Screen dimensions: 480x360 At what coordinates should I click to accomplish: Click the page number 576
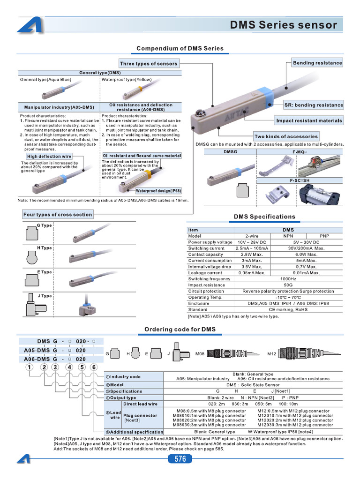coord(180,458)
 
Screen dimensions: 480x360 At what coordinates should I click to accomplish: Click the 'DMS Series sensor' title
coord(284,25)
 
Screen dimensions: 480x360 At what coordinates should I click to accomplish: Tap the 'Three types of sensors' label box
coord(149,63)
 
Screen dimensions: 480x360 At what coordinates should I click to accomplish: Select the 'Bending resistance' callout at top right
coord(317,63)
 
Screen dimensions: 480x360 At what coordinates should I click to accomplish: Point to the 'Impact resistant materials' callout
coord(309,120)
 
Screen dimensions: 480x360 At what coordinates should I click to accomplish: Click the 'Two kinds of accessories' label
coord(285,136)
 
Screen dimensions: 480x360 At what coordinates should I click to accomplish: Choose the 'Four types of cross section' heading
coord(58,215)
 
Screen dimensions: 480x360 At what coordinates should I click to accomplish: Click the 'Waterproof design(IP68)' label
coord(158,191)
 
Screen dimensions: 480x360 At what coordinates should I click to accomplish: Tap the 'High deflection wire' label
coord(49,157)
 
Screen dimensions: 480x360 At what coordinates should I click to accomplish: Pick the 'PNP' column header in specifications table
coord(324,236)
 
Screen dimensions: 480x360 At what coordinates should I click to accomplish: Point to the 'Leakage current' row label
coord(205,273)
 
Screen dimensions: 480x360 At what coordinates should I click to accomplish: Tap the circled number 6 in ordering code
coord(94,367)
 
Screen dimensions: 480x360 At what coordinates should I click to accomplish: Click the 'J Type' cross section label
coord(45,296)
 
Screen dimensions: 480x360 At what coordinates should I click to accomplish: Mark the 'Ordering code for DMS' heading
coord(180,329)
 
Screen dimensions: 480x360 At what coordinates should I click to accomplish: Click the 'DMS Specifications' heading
coord(264,217)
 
